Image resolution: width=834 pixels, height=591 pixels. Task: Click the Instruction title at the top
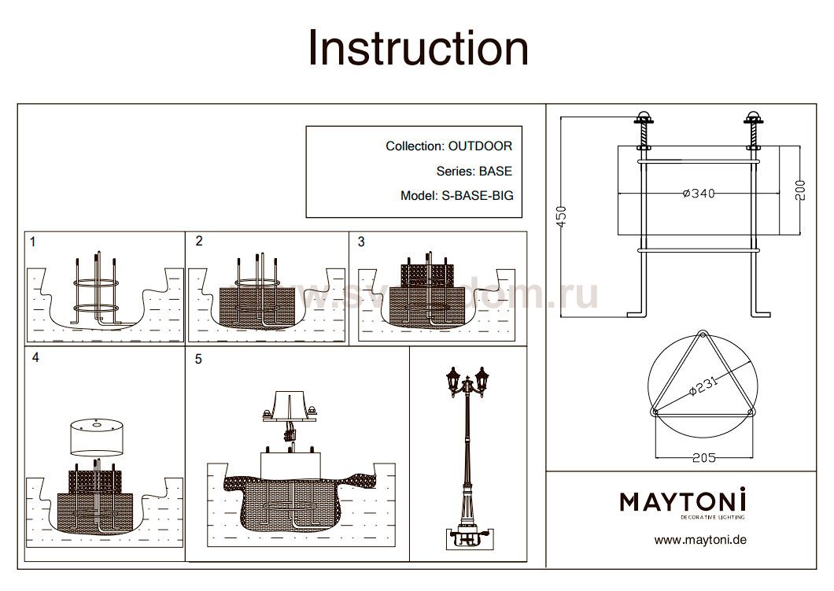418,48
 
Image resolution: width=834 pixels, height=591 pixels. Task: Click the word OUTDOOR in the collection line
480,146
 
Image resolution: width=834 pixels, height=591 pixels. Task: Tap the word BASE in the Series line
495,171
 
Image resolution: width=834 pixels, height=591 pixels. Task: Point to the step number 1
32,242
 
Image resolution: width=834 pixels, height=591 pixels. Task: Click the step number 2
199,241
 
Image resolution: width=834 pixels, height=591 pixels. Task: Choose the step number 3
361,242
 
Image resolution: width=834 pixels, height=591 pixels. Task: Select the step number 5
198,360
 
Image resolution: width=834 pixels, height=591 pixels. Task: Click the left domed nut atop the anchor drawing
643,119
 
